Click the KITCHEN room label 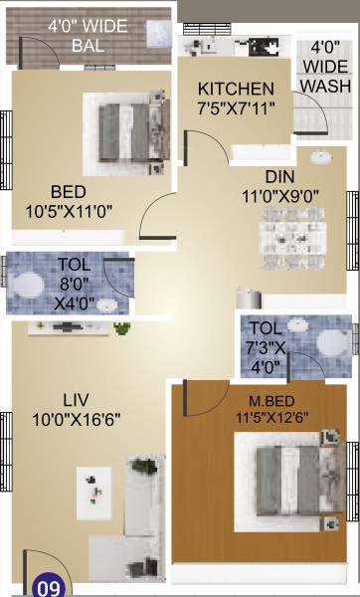click(235, 88)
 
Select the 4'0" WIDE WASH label click(325, 66)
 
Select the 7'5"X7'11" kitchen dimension click(236, 106)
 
